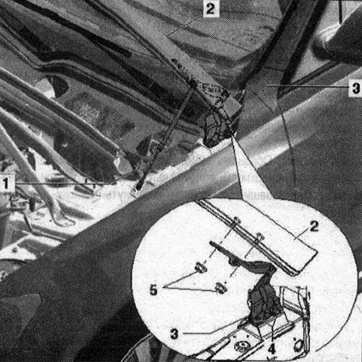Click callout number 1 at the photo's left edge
click(6, 184)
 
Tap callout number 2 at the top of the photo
click(211, 9)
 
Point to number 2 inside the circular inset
click(314, 226)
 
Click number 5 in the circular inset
click(153, 290)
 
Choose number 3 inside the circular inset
click(174, 333)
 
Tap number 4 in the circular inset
click(271, 348)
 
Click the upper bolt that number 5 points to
click(201, 268)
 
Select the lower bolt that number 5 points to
click(221, 289)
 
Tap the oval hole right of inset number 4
click(299, 345)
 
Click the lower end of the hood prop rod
click(139, 188)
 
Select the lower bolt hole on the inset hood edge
click(259, 237)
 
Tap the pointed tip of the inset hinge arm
click(211, 243)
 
